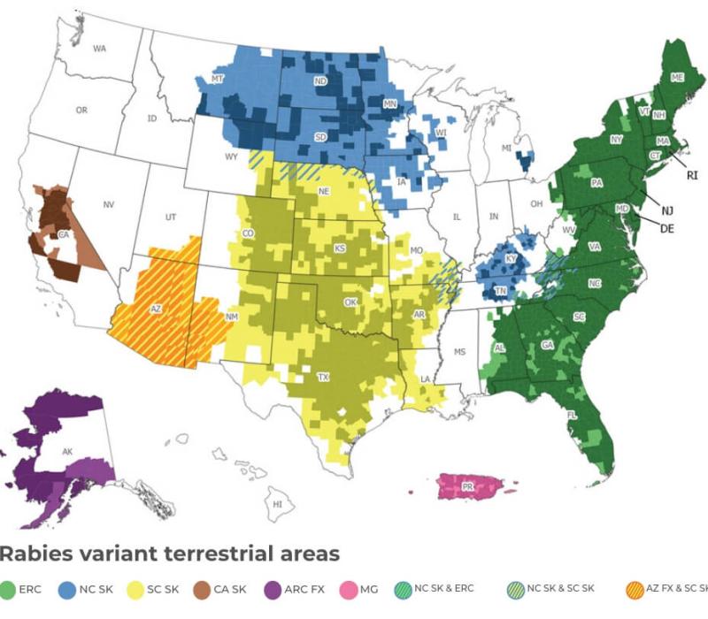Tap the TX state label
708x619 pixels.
(324, 378)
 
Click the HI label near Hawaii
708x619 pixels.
(277, 504)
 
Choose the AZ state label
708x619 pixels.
(157, 309)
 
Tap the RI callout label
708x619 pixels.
(692, 176)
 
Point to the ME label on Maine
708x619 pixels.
(677, 78)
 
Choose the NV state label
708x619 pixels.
(109, 205)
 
